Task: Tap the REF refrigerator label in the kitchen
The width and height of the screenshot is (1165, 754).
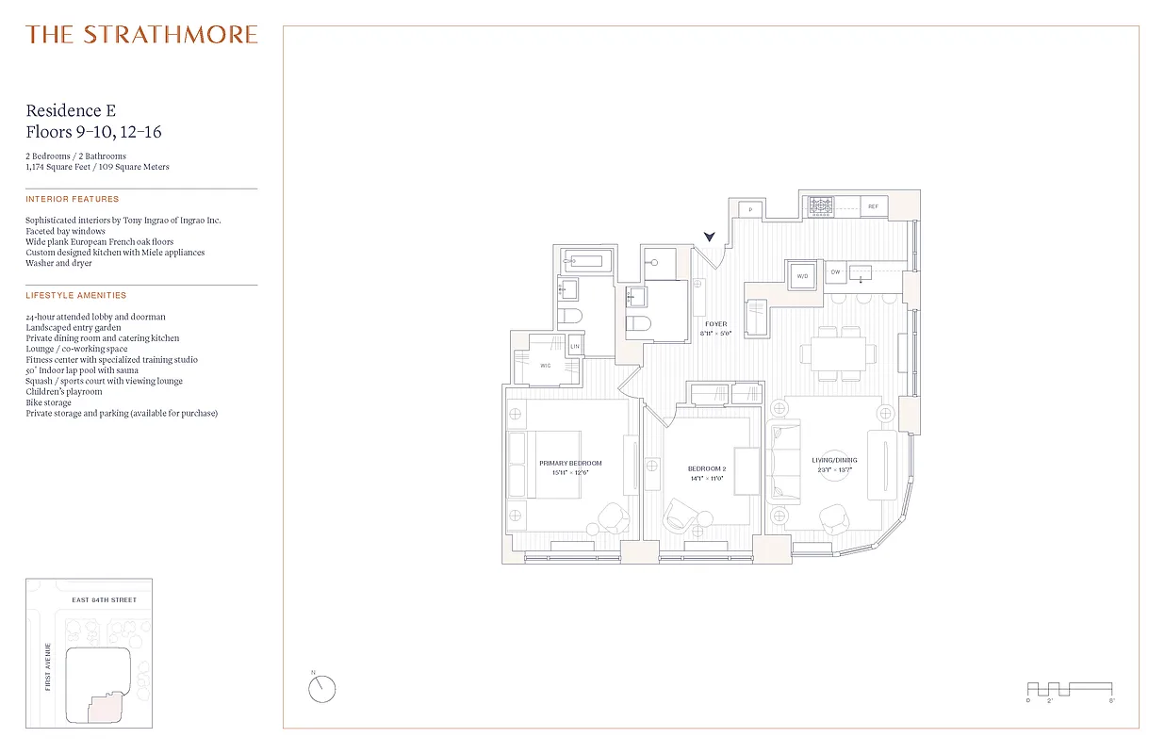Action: pyautogui.click(x=873, y=206)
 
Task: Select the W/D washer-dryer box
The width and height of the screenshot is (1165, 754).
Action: pyautogui.click(x=803, y=277)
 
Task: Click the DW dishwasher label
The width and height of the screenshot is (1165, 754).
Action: pyautogui.click(x=835, y=272)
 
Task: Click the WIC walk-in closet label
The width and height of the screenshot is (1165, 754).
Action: pyautogui.click(x=545, y=365)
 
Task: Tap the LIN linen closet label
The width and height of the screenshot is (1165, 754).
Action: pyautogui.click(x=575, y=347)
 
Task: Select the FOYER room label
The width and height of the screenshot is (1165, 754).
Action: pyautogui.click(x=716, y=324)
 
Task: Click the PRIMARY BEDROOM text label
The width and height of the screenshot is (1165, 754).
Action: pyautogui.click(x=570, y=463)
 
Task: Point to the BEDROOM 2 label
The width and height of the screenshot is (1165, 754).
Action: pyautogui.click(x=707, y=468)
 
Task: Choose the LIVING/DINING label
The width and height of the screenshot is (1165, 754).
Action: pyautogui.click(x=834, y=460)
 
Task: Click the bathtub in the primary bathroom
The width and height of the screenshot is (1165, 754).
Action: pyautogui.click(x=585, y=261)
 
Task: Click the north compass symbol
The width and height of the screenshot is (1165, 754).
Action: pyautogui.click(x=321, y=689)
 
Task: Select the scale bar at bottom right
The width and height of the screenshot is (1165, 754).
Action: pyautogui.click(x=1069, y=689)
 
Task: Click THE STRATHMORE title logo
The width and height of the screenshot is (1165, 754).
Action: pyautogui.click(x=142, y=36)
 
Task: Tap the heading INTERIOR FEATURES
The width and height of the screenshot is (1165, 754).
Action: pyautogui.click(x=73, y=200)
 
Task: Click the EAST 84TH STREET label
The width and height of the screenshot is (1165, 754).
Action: pyautogui.click(x=105, y=600)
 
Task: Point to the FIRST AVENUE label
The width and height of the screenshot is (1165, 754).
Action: pyautogui.click(x=47, y=666)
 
